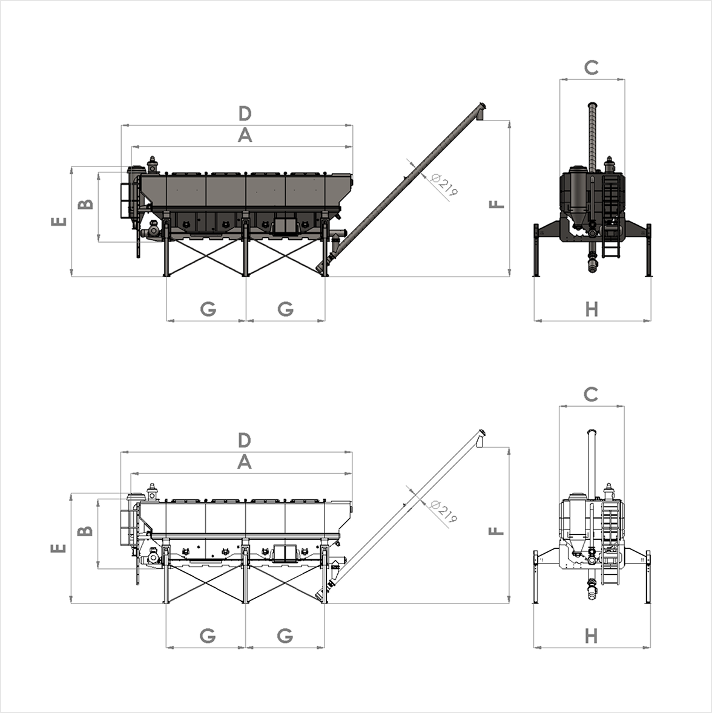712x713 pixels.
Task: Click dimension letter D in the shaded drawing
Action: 244,113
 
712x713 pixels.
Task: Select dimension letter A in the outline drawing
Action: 244,462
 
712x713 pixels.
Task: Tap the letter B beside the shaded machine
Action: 87,203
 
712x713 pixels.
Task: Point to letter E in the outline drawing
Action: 59,548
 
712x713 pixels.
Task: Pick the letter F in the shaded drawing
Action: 496,203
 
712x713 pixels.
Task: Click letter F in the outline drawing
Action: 496,531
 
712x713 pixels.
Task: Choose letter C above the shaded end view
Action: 592,68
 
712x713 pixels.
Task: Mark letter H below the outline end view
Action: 592,636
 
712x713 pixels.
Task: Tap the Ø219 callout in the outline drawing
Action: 445,511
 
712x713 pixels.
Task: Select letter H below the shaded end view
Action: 592,309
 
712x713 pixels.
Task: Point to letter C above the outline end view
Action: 591,395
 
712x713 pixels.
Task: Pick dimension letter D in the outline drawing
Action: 244,440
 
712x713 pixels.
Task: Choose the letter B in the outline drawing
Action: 87,531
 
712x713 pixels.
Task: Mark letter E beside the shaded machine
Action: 59,222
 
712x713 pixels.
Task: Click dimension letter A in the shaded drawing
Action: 244,136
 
